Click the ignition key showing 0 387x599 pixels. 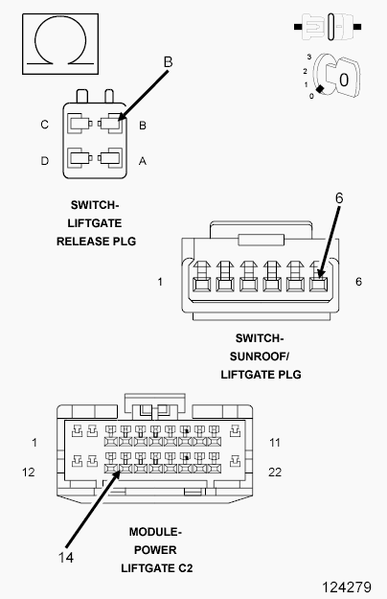pyautogui.click(x=336, y=76)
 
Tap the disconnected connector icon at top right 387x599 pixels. pyautogui.click(x=328, y=27)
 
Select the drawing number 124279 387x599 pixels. pyautogui.click(x=347, y=587)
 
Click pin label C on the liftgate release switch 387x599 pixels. pyautogui.click(x=45, y=125)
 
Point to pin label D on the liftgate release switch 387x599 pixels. pyautogui.click(x=45, y=161)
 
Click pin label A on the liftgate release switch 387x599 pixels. pyautogui.click(x=143, y=161)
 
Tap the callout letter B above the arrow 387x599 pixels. pyautogui.click(x=168, y=62)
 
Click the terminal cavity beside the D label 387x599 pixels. pyautogui.click(x=80, y=158)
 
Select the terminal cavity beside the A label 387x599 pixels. pyautogui.click(x=110, y=158)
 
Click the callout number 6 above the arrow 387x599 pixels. pyautogui.click(x=339, y=197)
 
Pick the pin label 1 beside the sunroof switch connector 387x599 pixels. pyautogui.click(x=160, y=282)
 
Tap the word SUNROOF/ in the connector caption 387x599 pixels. pyautogui.click(x=260, y=357)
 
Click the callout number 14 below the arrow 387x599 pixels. pyautogui.click(x=66, y=558)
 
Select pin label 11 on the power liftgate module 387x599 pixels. pyautogui.click(x=275, y=443)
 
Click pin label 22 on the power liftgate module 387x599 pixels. pyautogui.click(x=275, y=472)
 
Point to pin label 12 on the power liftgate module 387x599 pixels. pyautogui.click(x=28, y=472)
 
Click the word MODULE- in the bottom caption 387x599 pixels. pyautogui.click(x=155, y=532)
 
